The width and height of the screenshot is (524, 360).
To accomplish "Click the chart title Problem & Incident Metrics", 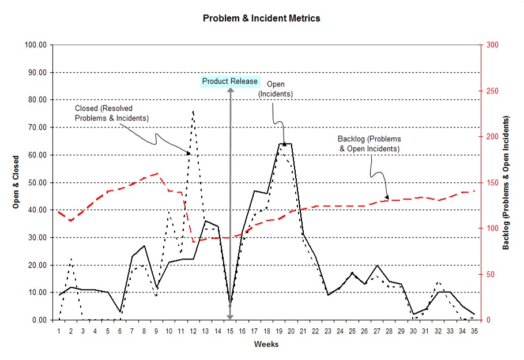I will [261, 18].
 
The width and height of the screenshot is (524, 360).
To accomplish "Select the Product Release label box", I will [230, 81].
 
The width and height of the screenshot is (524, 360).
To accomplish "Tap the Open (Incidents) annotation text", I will [276, 89].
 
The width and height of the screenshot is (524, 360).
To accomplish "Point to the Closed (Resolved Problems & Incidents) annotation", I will [112, 113].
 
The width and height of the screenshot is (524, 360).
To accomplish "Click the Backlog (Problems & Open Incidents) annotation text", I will [369, 144].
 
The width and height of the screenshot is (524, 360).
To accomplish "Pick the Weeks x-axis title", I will [266, 344].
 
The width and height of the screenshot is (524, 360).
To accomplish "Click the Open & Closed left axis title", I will [17, 182].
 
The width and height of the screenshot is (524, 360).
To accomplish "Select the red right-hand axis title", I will [506, 182].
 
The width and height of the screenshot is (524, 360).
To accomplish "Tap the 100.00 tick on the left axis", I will [35, 45].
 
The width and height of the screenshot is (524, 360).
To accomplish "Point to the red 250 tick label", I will [492, 91].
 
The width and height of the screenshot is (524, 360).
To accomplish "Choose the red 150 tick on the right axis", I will [492, 182].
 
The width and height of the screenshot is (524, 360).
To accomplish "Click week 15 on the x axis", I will [230, 331].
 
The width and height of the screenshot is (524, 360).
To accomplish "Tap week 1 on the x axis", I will [59, 331].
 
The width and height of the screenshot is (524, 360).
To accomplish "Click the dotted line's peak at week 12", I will [193, 110].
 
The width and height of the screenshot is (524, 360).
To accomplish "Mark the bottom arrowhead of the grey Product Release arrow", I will [230, 316].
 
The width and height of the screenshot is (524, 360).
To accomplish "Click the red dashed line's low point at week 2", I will [71, 220].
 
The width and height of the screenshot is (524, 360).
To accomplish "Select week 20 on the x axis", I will [291, 331].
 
